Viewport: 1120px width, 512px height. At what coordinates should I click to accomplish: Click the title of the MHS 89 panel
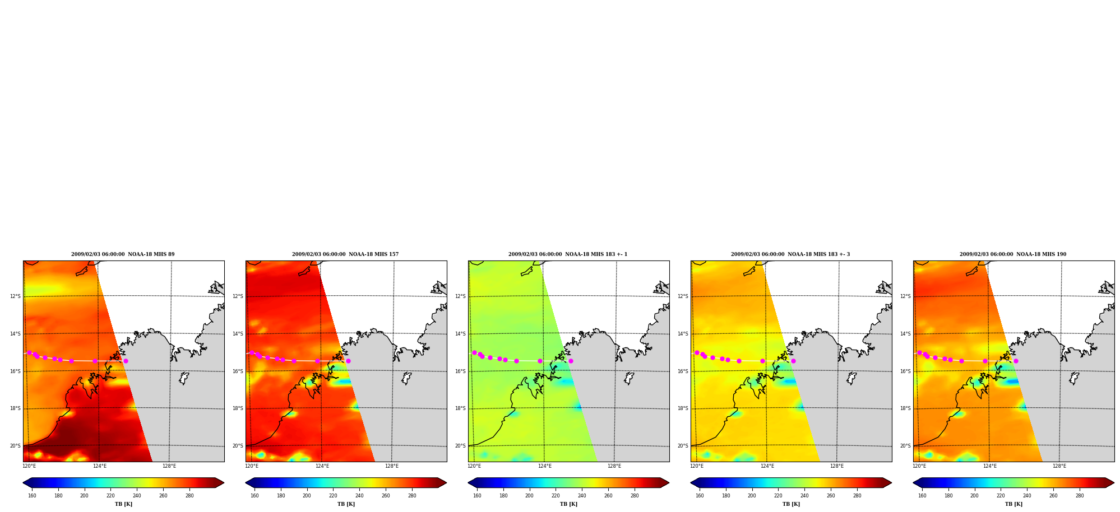tap(123, 254)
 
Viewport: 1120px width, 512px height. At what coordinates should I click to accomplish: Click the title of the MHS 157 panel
tap(345, 254)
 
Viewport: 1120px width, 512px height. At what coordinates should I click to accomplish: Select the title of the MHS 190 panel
tap(1013, 254)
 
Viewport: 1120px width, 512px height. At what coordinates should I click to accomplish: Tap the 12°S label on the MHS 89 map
tap(15, 296)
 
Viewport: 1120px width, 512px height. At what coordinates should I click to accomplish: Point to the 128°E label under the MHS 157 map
tap(392, 466)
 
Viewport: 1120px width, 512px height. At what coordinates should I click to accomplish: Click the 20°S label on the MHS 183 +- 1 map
tap(460, 446)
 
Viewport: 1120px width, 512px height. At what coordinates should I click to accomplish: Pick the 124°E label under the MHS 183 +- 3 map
tap(767, 466)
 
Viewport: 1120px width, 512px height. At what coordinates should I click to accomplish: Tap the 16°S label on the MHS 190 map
tap(905, 371)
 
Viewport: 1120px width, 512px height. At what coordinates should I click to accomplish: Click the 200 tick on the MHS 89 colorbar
tap(84, 495)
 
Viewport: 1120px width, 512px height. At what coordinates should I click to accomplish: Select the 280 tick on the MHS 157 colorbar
tap(412, 495)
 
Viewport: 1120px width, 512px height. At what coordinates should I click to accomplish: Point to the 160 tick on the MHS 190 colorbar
tap(922, 495)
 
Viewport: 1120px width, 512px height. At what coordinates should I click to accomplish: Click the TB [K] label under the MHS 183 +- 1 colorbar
tap(568, 504)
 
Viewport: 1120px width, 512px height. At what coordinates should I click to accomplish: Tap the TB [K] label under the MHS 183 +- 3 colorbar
tap(791, 504)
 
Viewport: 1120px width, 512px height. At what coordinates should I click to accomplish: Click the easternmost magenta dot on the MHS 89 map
tap(126, 361)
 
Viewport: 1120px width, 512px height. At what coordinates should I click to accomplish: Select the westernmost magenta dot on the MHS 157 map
tap(252, 353)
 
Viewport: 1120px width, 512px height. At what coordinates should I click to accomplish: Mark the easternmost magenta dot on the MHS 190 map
tap(1016, 361)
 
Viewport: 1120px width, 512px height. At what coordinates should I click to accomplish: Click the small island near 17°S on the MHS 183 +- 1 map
tap(630, 378)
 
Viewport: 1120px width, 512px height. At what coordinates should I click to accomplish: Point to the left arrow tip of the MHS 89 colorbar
tap(23, 483)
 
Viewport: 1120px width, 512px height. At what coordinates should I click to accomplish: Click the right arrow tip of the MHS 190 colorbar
tap(1114, 483)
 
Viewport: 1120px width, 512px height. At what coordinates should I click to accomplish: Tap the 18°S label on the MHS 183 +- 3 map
tap(683, 408)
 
